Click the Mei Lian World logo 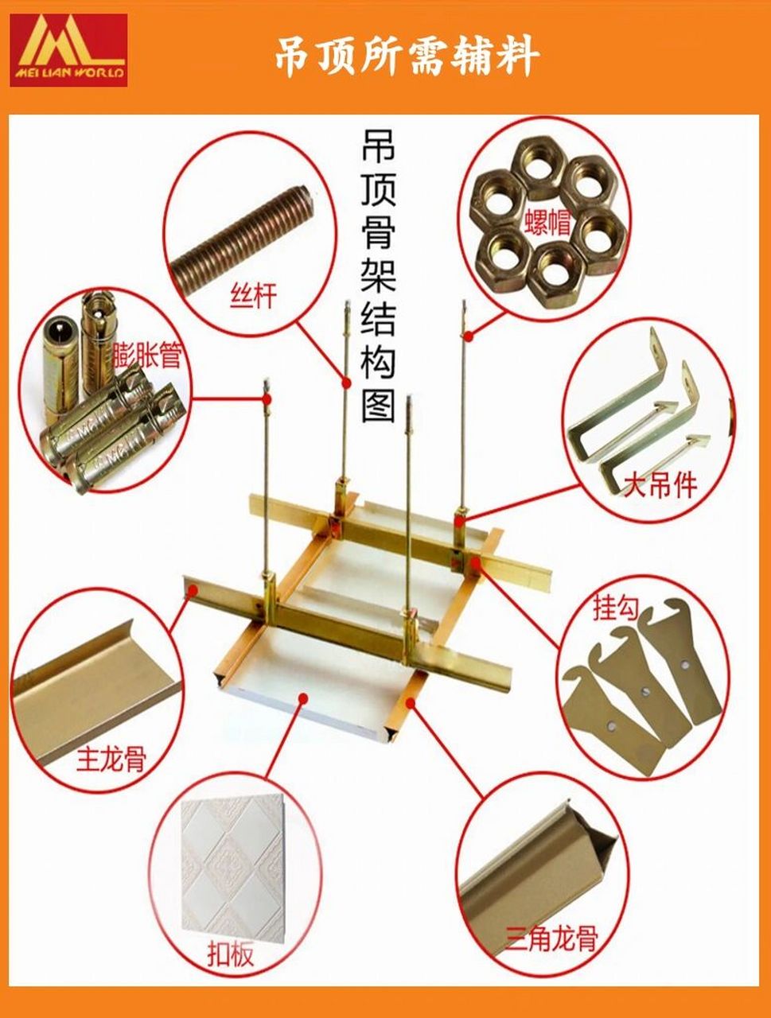pyautogui.click(x=68, y=50)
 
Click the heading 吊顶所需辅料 pyautogui.click(x=407, y=56)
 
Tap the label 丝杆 pyautogui.click(x=254, y=297)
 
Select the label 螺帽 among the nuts pyautogui.click(x=547, y=221)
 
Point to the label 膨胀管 pyautogui.click(x=147, y=356)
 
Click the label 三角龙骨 pyautogui.click(x=551, y=939)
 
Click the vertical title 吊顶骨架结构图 pyautogui.click(x=378, y=274)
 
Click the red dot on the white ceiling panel pyautogui.click(x=303, y=697)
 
